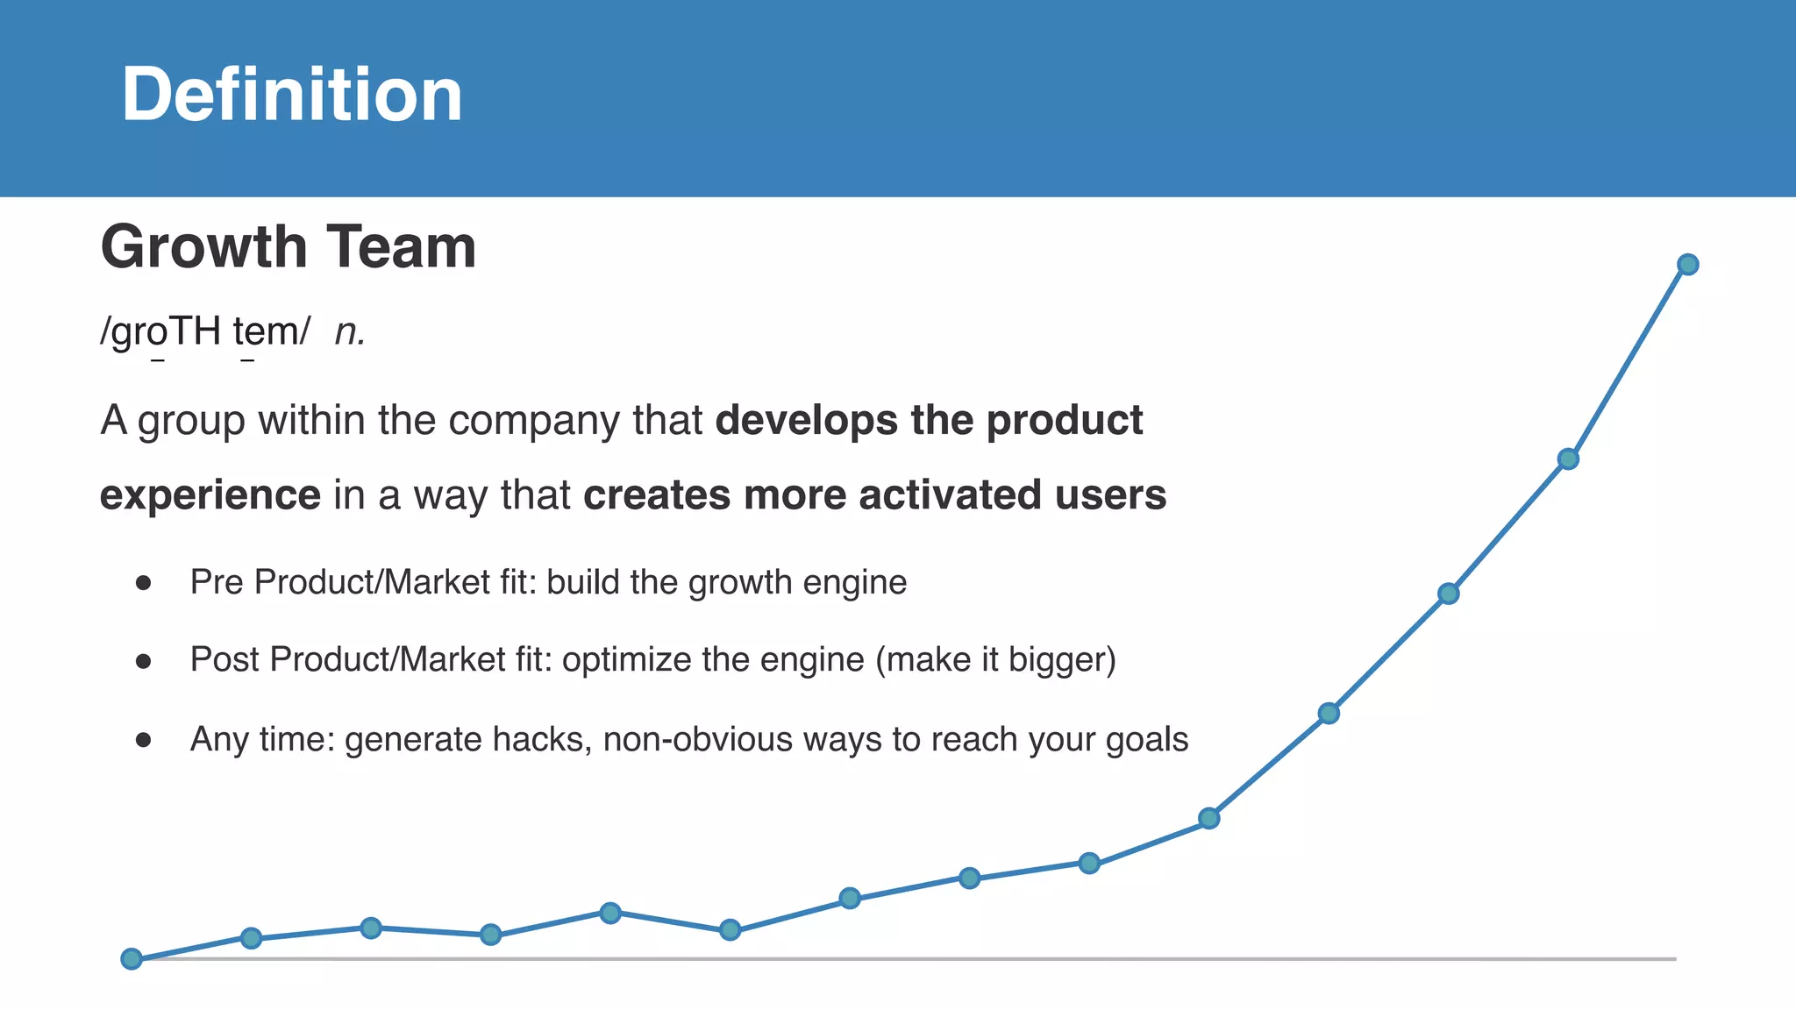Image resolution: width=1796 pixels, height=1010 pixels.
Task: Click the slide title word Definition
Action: pos(291,95)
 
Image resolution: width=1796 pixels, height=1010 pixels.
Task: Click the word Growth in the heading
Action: pos(203,247)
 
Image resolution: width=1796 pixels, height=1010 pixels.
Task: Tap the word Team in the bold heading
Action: pos(402,247)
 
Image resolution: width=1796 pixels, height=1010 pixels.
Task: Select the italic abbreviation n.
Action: pos(349,332)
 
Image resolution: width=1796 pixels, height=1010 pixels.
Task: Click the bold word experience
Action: pos(210,495)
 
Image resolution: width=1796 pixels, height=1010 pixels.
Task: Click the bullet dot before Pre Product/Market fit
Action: pos(144,583)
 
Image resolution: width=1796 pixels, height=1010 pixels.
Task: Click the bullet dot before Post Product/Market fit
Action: pos(144,661)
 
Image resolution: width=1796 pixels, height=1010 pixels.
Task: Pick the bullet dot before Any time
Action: pos(144,740)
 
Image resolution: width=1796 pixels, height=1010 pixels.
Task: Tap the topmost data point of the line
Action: pos(1687,265)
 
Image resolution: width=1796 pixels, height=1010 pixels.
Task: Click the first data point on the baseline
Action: pos(132,958)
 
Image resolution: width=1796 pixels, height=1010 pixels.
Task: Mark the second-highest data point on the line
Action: pos(1568,459)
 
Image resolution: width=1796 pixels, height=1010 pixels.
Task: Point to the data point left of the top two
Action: pos(1448,594)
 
